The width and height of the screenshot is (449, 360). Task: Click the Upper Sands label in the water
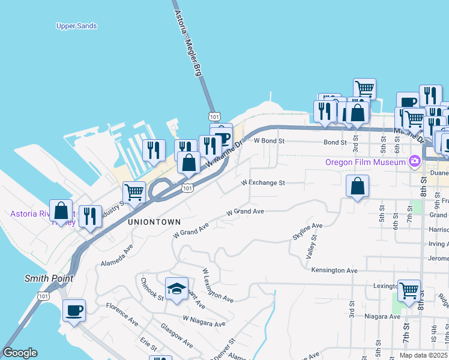click(76, 26)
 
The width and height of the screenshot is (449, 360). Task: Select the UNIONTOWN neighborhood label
click(150, 221)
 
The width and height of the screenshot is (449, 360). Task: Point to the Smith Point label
click(49, 278)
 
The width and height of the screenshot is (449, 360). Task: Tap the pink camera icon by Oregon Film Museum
click(414, 161)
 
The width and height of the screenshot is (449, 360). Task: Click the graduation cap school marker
click(176, 289)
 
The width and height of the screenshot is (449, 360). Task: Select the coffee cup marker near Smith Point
click(74, 311)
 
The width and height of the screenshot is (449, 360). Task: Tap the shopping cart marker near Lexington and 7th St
click(409, 291)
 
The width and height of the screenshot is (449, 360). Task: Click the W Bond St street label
click(268, 141)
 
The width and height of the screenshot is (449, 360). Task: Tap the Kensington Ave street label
click(334, 271)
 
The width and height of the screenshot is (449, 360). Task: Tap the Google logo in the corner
click(20, 353)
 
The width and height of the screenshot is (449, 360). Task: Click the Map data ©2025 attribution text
click(415, 355)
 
